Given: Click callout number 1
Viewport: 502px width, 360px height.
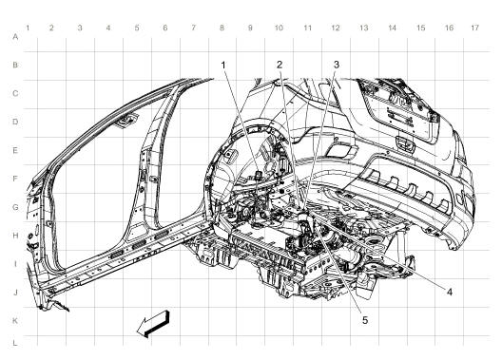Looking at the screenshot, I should coord(223,66).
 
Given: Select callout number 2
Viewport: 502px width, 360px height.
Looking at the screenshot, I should coord(280,66).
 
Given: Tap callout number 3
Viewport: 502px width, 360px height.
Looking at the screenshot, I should coord(336,66).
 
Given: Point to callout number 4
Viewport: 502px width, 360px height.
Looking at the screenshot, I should coord(449,291).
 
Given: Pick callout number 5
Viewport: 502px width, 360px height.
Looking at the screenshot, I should coord(364,320).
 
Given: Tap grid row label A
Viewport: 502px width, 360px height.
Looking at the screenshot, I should coord(13,37).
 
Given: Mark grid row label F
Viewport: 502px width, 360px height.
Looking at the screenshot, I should coord(13,178).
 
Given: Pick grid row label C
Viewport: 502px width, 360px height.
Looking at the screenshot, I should coord(13,93).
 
